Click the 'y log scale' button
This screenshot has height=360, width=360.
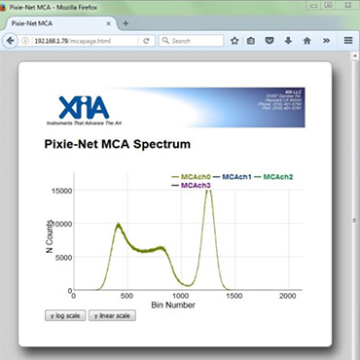click(x=65, y=315)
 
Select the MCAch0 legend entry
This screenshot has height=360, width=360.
click(x=193, y=176)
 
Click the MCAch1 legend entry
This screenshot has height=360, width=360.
click(x=237, y=176)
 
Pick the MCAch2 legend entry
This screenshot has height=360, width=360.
click(x=278, y=176)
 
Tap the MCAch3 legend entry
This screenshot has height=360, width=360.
click(x=193, y=185)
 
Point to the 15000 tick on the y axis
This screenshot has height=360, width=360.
click(x=59, y=191)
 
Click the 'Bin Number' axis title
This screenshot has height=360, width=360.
click(x=173, y=306)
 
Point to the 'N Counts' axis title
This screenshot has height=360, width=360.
click(x=50, y=239)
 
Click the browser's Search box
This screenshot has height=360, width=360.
click(x=195, y=41)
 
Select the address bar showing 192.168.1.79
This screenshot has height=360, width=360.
click(x=83, y=41)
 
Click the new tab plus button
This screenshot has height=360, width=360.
click(x=126, y=22)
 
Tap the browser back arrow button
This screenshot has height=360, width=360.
click(x=12, y=41)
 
